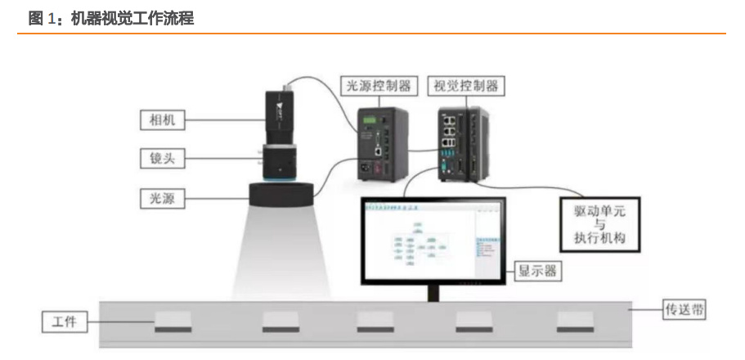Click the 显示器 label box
pos(536,270)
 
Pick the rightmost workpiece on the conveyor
pos(576,322)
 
